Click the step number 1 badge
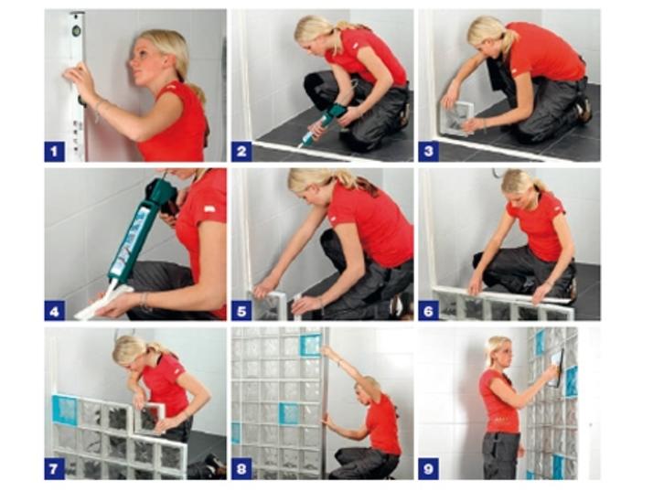point(55,152)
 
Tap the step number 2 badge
point(241,152)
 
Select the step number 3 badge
point(429,152)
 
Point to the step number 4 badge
point(55,311)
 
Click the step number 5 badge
point(241,311)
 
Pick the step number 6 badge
point(429,311)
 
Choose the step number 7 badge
point(55,469)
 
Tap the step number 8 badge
point(241,469)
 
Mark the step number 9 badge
point(429,469)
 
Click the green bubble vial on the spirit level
point(77,30)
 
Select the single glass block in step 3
point(457,118)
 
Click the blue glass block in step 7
point(65,411)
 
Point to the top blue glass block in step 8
point(310,346)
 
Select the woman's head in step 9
point(498,352)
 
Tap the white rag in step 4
point(102,303)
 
